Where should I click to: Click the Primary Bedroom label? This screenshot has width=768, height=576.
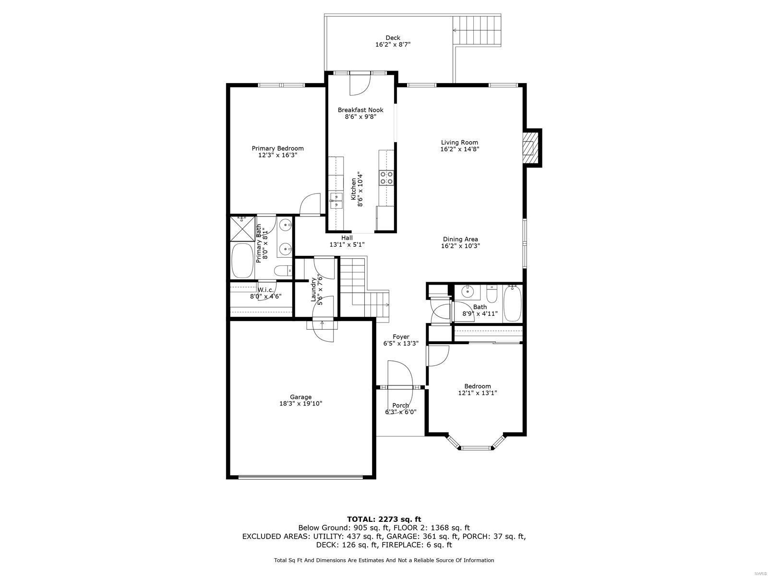[277, 148]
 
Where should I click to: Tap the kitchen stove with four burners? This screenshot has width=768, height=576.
[386, 178]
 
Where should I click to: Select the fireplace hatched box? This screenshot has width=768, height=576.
[528, 148]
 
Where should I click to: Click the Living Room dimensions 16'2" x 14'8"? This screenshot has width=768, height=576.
[460, 149]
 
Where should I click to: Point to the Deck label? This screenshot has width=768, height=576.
[393, 38]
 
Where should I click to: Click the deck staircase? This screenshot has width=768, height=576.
[477, 31]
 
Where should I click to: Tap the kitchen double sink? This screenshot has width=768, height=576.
[336, 201]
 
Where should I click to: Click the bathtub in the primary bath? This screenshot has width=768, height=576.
[243, 261]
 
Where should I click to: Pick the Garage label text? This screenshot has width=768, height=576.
[300, 397]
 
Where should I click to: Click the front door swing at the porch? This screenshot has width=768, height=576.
[400, 373]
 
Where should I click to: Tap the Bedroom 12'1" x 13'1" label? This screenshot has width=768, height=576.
[477, 389]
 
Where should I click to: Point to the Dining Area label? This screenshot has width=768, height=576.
[460, 239]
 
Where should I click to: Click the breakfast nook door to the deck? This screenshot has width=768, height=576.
[360, 84]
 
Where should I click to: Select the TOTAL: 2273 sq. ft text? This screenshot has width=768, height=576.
[384, 519]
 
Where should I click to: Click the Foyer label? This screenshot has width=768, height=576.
[401, 337]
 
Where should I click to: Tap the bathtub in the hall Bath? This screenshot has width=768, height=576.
[512, 303]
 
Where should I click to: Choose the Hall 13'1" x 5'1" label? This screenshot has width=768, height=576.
[347, 241]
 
